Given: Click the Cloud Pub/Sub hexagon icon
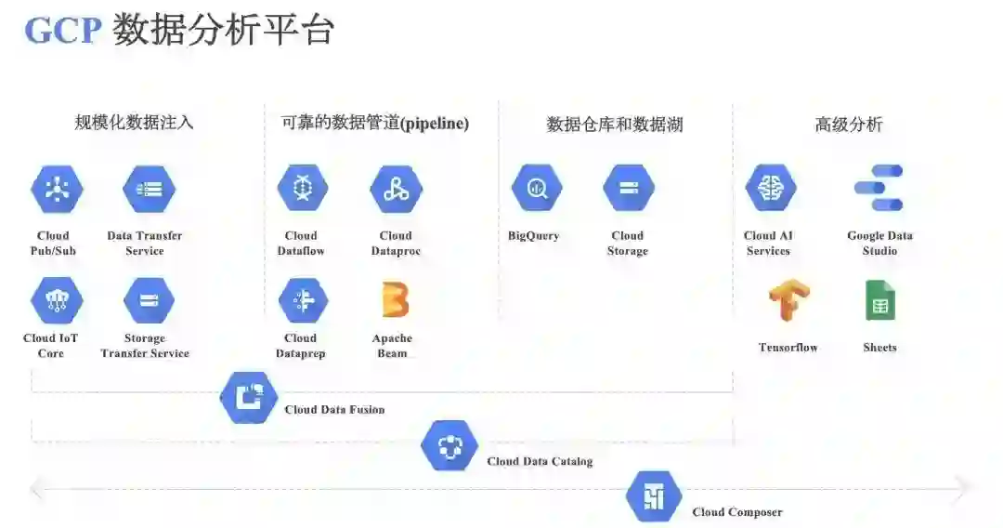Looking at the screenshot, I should pos(57,189).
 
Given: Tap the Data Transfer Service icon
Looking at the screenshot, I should pos(149,189).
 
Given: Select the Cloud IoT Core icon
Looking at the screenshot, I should pos(57,300).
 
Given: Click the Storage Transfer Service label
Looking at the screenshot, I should pos(145,346).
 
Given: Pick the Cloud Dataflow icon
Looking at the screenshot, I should pos(303,189).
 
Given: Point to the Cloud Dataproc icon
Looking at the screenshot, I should pos(396,189).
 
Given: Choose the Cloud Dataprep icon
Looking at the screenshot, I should pos(303,300).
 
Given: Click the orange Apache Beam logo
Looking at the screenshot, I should pos(395,300).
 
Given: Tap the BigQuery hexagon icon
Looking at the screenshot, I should pos(536,189).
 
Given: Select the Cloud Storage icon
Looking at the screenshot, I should pos(629,189).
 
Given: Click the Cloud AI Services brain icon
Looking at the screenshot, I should pos(770,189).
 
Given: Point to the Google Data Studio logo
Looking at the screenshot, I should pos(879,188).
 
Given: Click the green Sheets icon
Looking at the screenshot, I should pos(879,300).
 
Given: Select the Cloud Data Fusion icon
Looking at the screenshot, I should pos(249,397).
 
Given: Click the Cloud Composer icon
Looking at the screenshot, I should pos(654,496).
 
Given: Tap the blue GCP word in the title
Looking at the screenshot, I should pos(62,31).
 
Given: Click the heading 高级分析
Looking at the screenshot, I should pos(849,125).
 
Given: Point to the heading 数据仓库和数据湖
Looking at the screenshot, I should pos(615,125).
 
